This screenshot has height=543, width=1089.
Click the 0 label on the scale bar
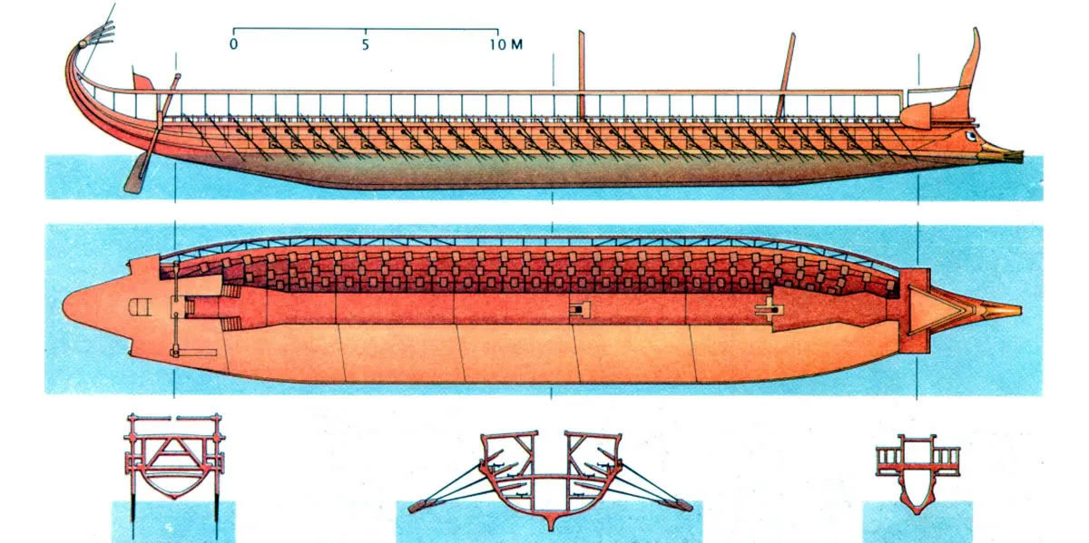pyautogui.click(x=234, y=44)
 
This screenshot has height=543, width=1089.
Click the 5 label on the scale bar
pyautogui.click(x=365, y=45)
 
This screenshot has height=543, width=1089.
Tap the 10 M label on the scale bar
pyautogui.click(x=506, y=44)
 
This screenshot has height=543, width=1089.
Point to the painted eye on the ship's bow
pyautogui.click(x=971, y=136)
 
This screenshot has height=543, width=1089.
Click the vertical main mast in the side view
pyautogui.click(x=582, y=75)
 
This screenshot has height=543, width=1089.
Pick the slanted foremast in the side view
pyautogui.click(x=785, y=76)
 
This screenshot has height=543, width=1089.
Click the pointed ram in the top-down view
pyautogui.click(x=1002, y=310)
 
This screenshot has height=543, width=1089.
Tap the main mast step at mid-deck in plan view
pyautogui.click(x=580, y=309)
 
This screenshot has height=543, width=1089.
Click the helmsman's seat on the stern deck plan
pyautogui.click(x=140, y=307)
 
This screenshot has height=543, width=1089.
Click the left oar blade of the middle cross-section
pyautogui.click(x=417, y=506)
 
